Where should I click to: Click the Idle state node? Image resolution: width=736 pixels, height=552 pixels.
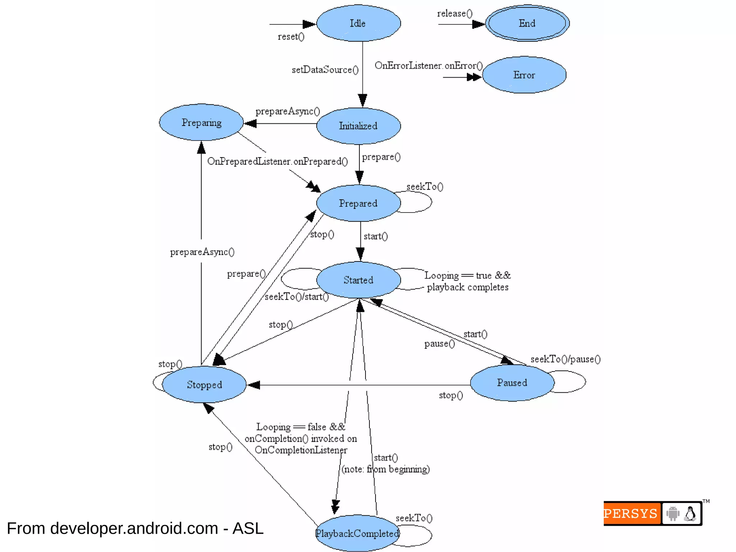click(358, 23)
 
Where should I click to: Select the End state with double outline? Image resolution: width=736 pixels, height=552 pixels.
click(527, 23)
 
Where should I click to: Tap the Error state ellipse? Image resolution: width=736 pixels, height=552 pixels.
click(524, 75)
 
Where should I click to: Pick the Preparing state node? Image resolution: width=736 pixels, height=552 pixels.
click(201, 123)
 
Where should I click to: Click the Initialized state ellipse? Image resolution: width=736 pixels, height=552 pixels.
click(358, 126)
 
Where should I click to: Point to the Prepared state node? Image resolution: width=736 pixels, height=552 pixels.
click(358, 203)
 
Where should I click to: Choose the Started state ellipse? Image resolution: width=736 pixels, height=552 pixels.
click(358, 280)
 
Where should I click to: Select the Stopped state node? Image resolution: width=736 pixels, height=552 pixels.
click(204, 384)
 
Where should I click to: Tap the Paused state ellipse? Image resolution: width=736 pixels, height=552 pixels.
click(512, 383)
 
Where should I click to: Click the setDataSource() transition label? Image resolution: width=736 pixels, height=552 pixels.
click(325, 70)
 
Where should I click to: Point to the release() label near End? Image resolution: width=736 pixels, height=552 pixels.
click(455, 14)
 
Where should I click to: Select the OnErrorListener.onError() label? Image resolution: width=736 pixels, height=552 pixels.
click(428, 66)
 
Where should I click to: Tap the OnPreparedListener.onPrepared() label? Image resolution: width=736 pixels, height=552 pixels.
click(277, 161)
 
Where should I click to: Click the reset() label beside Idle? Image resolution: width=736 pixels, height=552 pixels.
click(291, 37)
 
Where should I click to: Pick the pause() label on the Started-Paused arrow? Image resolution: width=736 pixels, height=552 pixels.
click(439, 344)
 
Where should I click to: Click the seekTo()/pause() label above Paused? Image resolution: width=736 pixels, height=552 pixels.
click(565, 359)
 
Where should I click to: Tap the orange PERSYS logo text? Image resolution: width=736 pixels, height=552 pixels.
click(631, 514)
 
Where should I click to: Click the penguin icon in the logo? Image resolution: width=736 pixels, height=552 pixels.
click(690, 514)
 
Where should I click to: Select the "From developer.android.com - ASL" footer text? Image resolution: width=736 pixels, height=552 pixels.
click(135, 528)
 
